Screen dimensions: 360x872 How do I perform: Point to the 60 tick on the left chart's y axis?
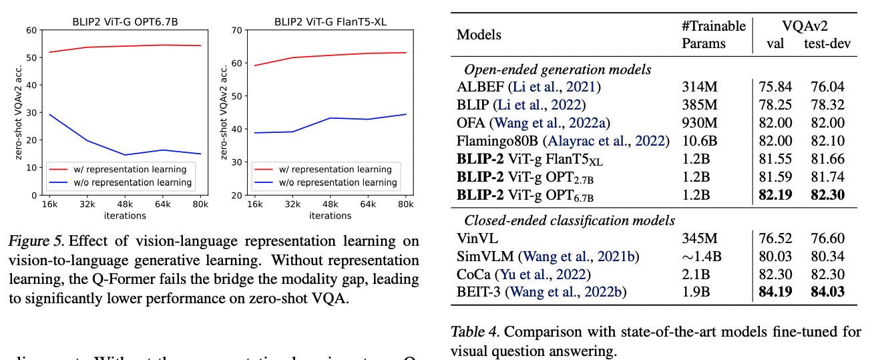(31, 30)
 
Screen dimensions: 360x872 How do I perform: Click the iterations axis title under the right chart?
(331, 216)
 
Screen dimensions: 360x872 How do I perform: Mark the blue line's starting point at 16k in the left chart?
(50, 114)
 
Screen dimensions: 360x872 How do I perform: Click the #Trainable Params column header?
(713, 35)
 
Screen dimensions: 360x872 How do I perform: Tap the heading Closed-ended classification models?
(570, 220)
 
